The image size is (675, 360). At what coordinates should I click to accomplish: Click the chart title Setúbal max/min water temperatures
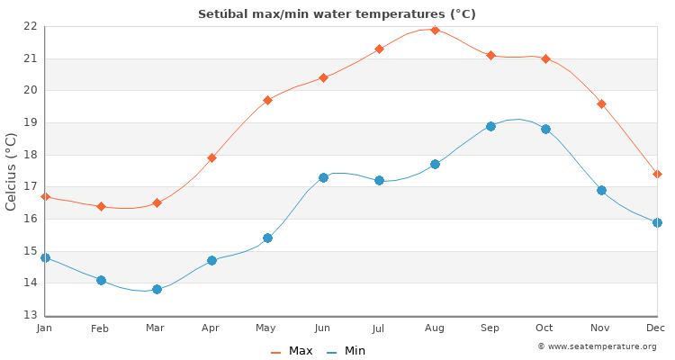point(337,13)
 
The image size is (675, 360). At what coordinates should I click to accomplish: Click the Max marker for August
point(435,30)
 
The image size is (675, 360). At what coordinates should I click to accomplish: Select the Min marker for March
point(157,289)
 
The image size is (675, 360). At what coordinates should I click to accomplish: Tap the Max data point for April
point(211,157)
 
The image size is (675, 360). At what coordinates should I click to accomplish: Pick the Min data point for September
point(490,126)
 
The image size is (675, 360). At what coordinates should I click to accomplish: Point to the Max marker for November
point(601,103)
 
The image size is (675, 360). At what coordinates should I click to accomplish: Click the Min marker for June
point(323,177)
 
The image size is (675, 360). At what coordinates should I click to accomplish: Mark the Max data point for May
point(267,100)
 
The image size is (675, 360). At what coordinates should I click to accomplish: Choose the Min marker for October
point(545,129)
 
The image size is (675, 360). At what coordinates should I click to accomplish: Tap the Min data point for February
point(101,280)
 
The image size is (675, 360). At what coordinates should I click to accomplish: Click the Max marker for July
point(379,49)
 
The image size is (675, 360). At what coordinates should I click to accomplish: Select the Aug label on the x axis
point(435,328)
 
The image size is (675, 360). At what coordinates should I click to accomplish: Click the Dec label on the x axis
point(655,328)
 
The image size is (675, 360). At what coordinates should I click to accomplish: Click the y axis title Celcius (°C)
point(12,171)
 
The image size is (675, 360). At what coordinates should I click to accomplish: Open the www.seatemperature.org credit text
point(597,346)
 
